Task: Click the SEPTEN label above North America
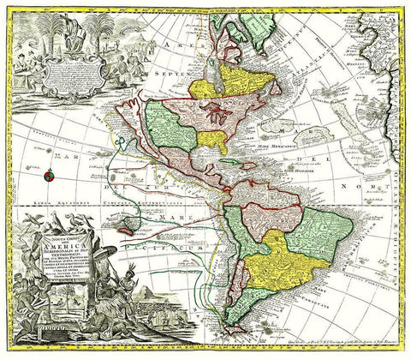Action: tap(146, 74)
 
